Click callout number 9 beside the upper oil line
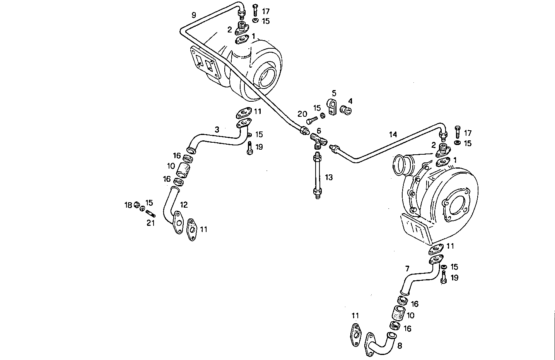click(194, 15)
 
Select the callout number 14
click(393, 134)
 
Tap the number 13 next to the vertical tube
click(329, 177)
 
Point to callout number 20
click(302, 114)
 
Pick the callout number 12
click(184, 205)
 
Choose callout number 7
click(407, 268)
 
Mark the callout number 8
click(400, 346)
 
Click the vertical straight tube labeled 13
click(317, 176)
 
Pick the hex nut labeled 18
click(137, 205)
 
